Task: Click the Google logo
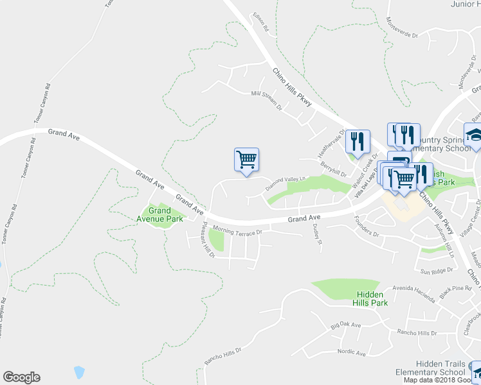[x=21, y=377]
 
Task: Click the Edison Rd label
[x=260, y=24]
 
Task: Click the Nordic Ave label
[x=351, y=352]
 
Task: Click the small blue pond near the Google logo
[x=79, y=372]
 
